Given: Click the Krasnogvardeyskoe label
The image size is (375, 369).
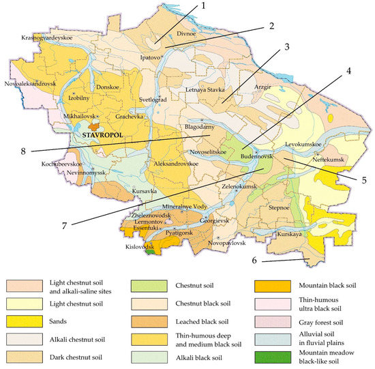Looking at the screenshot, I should click(x=50, y=38).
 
